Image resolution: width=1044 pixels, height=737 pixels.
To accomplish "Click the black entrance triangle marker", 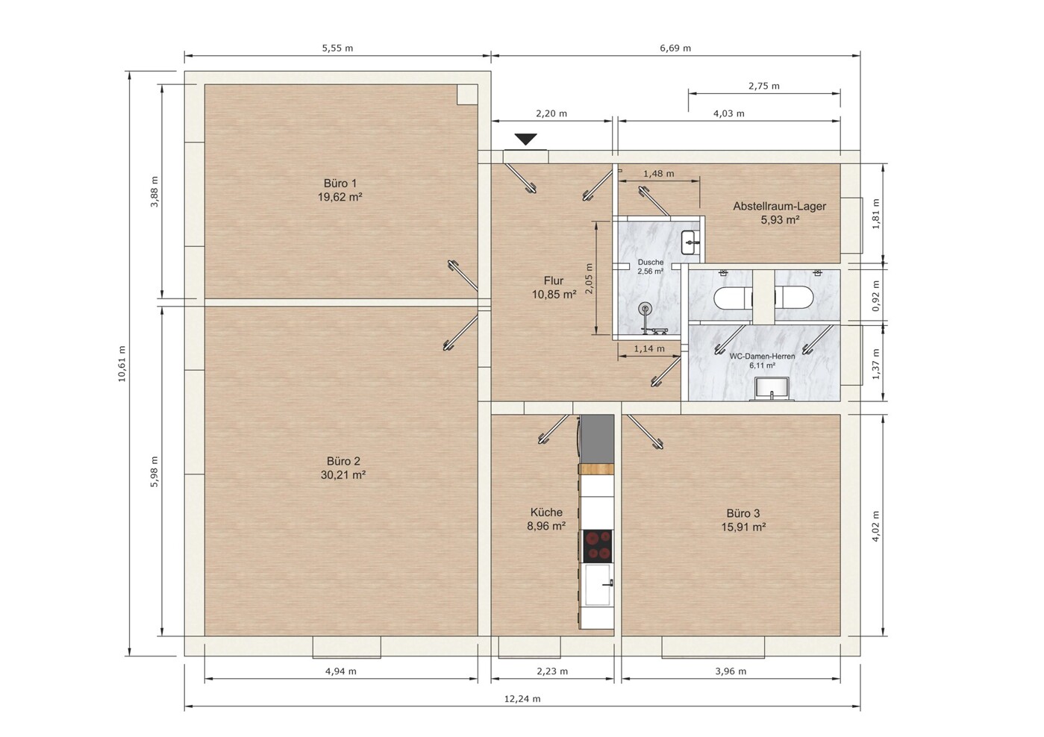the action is point(525,139).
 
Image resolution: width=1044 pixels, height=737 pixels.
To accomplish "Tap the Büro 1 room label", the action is point(340,183).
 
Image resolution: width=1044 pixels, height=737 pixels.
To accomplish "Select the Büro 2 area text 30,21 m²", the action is point(343,474).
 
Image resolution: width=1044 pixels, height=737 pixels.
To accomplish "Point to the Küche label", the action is point(546,512).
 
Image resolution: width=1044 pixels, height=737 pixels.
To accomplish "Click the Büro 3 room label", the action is point(743,513).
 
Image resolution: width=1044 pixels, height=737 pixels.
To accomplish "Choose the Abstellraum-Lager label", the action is point(779,206).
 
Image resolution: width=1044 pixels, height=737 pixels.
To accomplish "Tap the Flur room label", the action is point(554,280).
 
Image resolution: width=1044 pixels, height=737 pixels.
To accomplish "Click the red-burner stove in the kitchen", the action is point(598,545).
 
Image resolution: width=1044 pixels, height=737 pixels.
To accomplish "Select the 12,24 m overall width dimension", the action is point(522,698).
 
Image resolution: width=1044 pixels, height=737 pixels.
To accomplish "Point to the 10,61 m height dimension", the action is point(122,364).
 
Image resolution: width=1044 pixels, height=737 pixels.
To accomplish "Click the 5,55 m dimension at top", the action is point(337,48).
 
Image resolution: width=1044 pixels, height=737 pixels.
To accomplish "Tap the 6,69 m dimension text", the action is point(675,48).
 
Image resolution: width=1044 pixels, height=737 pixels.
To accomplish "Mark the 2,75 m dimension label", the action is point(764,86).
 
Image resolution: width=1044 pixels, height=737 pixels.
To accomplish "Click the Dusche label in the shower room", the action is point(651,263).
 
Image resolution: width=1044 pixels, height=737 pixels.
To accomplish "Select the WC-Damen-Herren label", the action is point(762,357).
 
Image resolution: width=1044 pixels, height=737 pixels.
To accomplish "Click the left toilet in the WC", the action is point(732,297).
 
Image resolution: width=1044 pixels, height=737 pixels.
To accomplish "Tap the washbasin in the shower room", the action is point(690,242).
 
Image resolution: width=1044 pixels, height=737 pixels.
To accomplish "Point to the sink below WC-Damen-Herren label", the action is point(772,389).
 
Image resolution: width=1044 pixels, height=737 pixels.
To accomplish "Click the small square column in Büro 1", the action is point(467,95).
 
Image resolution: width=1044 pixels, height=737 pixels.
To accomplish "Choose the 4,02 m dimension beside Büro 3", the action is point(875,526).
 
